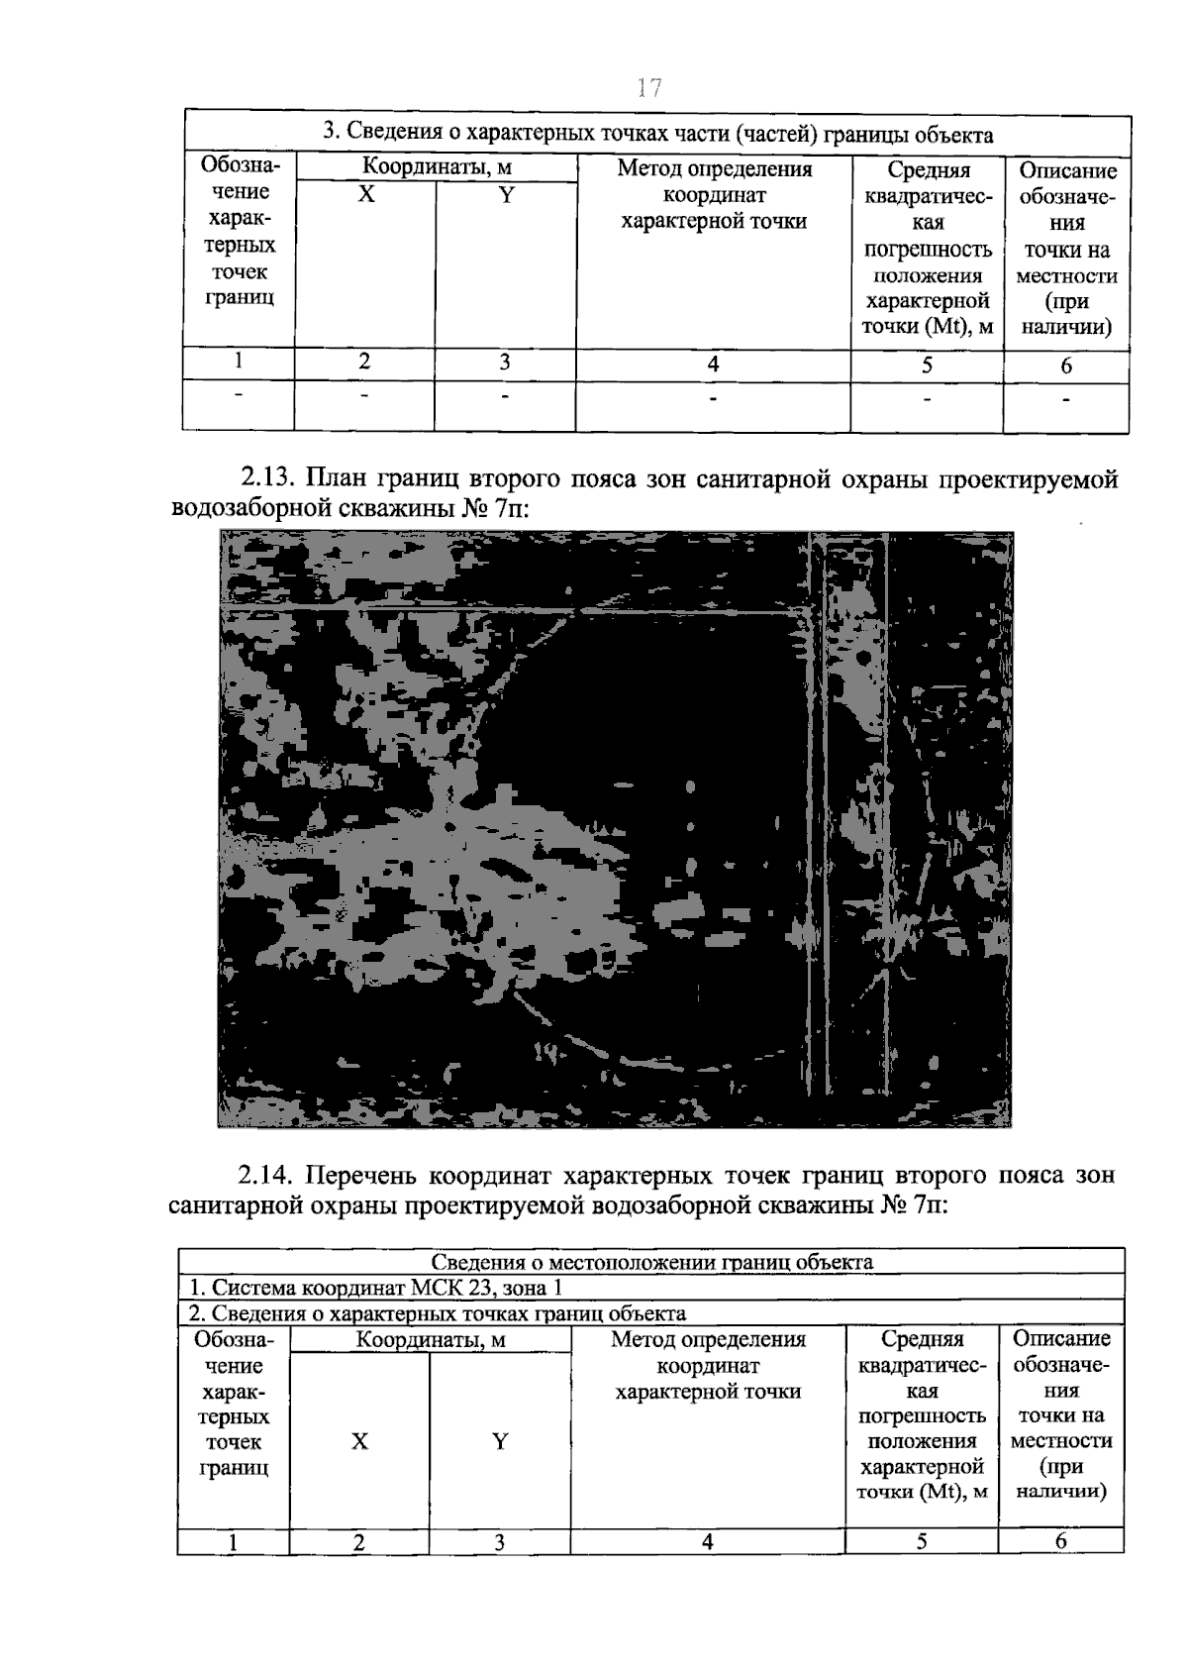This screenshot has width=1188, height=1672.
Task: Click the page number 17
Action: click(648, 88)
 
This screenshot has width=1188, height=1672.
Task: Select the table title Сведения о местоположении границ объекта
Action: click(651, 1262)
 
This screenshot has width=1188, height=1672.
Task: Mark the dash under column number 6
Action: click(1065, 400)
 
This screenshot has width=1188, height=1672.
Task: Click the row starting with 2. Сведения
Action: click(438, 1313)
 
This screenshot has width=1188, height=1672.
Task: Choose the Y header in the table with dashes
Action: click(506, 195)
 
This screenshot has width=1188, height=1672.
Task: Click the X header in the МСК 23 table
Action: click(359, 1441)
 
